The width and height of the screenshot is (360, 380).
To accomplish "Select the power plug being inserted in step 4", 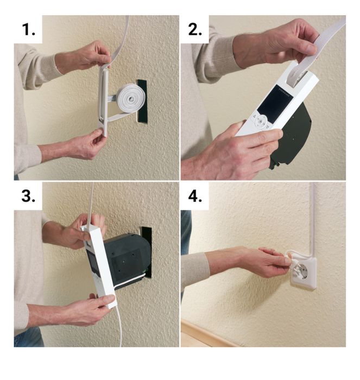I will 287,262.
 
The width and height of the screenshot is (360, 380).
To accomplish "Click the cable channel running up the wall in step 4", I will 313,217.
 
